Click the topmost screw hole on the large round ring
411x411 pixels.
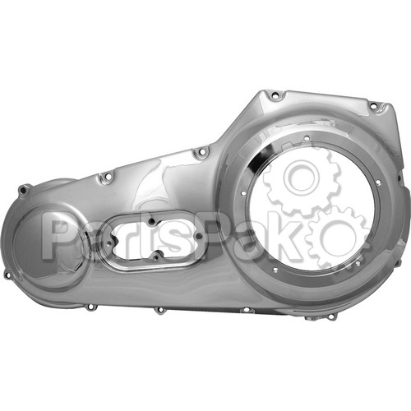pyautogui.click(x=307, y=138)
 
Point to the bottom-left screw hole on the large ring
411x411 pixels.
pyautogui.click(x=275, y=270)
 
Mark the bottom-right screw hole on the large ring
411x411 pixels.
pyautogui.click(x=358, y=264)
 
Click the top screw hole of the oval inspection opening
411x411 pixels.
pyautogui.click(x=151, y=222)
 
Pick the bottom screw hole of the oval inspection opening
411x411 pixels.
pyautogui.click(x=156, y=256)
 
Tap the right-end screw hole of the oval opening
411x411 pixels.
pyautogui.click(x=199, y=236)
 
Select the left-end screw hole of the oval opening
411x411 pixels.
pyautogui.click(x=110, y=243)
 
